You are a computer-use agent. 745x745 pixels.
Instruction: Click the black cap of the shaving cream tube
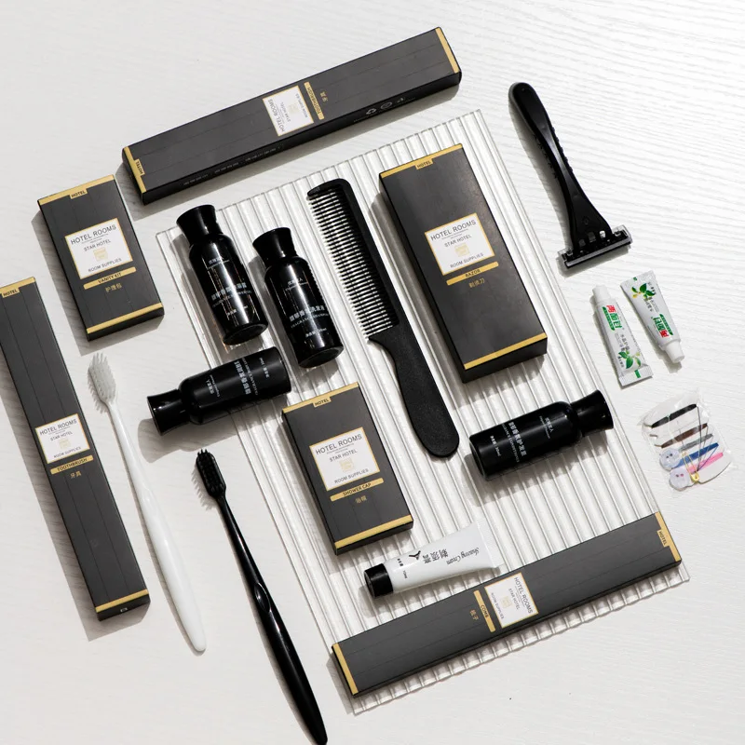(377, 582)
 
